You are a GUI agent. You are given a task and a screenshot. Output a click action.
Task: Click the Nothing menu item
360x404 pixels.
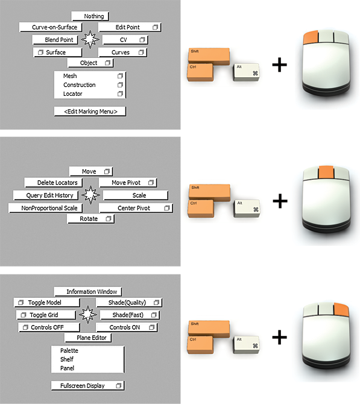coord(90,16)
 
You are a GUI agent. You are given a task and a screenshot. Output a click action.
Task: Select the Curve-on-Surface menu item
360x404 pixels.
coord(51,27)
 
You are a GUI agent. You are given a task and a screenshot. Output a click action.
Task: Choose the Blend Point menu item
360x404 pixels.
coord(55,40)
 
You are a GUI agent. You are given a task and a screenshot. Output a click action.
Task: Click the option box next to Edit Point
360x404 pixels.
coord(155,27)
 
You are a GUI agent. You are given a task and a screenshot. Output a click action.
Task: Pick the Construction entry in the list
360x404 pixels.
coord(80,85)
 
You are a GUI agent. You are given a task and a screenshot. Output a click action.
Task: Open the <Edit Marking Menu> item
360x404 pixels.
coord(90,112)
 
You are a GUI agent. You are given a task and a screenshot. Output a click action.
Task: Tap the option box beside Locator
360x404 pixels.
coord(120,94)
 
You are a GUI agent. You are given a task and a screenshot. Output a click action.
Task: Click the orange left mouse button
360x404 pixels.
coord(311,37)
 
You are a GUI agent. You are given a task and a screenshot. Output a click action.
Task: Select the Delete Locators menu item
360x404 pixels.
coord(54,183)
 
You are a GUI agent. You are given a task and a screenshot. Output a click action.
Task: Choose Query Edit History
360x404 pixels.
coord(46,195)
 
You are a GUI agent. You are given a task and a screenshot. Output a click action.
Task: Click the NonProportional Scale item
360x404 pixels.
coord(46,208)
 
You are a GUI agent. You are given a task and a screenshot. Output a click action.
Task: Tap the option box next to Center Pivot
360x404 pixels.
coord(166,208)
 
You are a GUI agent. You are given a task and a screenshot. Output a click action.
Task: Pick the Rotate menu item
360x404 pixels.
coord(90,219)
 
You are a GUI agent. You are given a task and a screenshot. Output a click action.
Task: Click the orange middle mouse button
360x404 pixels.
coord(326,172)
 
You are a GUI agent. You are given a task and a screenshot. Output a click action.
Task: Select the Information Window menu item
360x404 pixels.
coord(88,292)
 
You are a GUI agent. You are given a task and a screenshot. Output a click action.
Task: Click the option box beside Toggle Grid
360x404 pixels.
coord(24,315)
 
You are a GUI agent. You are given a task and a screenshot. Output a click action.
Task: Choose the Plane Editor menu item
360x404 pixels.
coord(88,338)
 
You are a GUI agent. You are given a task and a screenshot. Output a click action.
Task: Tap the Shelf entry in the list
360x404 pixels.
coord(67,359)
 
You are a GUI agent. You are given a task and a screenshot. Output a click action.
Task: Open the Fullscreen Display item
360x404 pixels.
coord(88,385)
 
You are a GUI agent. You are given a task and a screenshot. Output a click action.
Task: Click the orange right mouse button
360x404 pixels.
coord(341,310)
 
